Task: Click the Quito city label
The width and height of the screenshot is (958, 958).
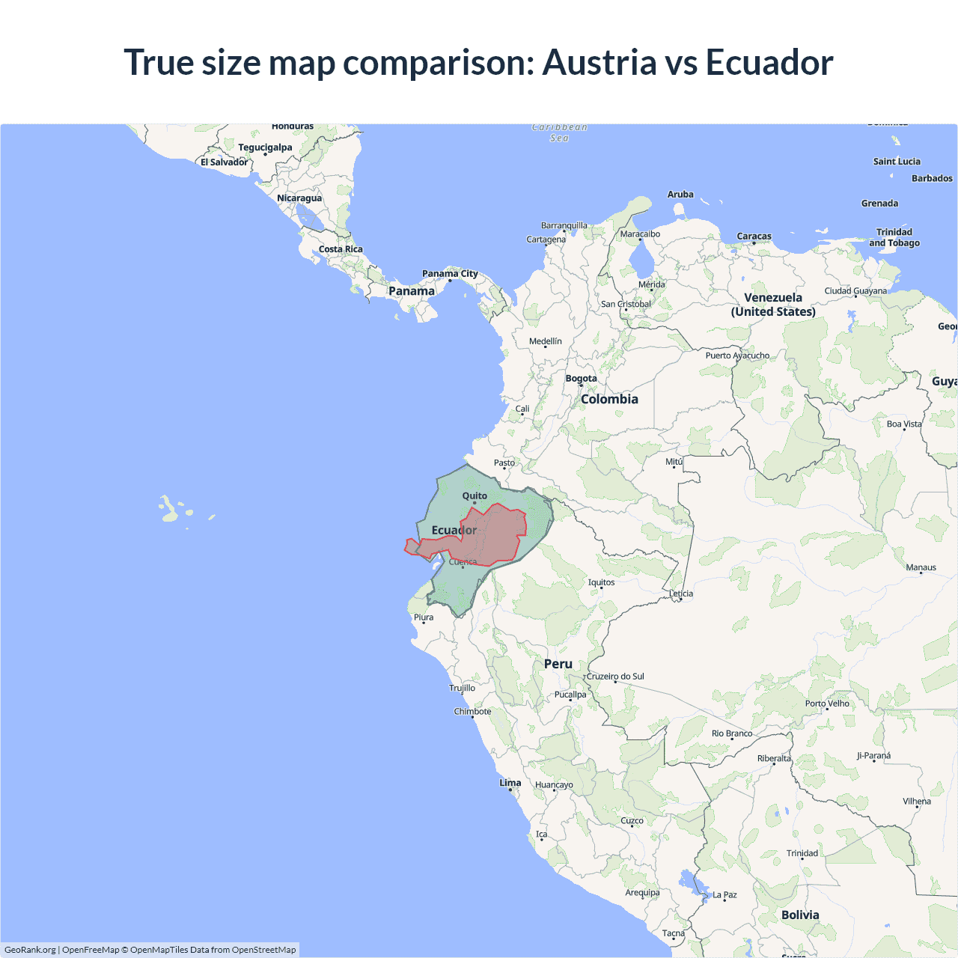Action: pyautogui.click(x=475, y=495)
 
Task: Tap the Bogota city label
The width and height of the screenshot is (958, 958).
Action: pyautogui.click(x=581, y=378)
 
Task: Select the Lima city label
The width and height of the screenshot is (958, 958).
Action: pyautogui.click(x=510, y=782)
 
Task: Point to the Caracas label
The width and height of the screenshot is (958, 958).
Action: pyautogui.click(x=754, y=236)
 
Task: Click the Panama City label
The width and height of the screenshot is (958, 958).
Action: pyautogui.click(x=449, y=273)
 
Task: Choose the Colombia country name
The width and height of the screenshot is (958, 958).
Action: pyautogui.click(x=609, y=399)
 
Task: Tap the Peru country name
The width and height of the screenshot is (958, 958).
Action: pyautogui.click(x=558, y=664)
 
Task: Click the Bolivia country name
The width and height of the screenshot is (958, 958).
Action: pyautogui.click(x=800, y=915)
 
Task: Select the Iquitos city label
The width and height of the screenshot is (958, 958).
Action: pyautogui.click(x=601, y=582)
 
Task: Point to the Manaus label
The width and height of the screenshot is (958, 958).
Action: pyautogui.click(x=921, y=567)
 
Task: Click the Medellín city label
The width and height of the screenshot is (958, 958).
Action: pyautogui.click(x=545, y=341)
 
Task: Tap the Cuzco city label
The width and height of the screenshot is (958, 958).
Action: pyautogui.click(x=632, y=820)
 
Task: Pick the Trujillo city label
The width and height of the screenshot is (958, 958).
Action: pyautogui.click(x=462, y=687)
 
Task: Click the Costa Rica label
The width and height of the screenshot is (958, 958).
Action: pyautogui.click(x=341, y=249)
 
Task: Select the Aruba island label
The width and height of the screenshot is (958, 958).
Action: pyautogui.click(x=680, y=194)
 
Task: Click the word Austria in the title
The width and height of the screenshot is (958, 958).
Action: pyautogui.click(x=599, y=62)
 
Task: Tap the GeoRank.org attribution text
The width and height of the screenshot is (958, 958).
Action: pyautogui.click(x=30, y=950)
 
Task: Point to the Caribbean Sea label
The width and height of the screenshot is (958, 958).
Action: pyautogui.click(x=559, y=132)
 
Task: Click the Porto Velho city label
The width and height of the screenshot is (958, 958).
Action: pyautogui.click(x=827, y=703)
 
